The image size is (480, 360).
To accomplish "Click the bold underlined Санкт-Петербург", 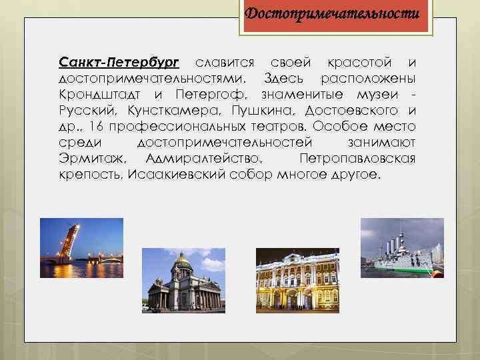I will (x=119, y=63).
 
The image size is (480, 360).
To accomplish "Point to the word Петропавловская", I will (x=358, y=158).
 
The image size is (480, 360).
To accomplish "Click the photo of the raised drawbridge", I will (x=81, y=248).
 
